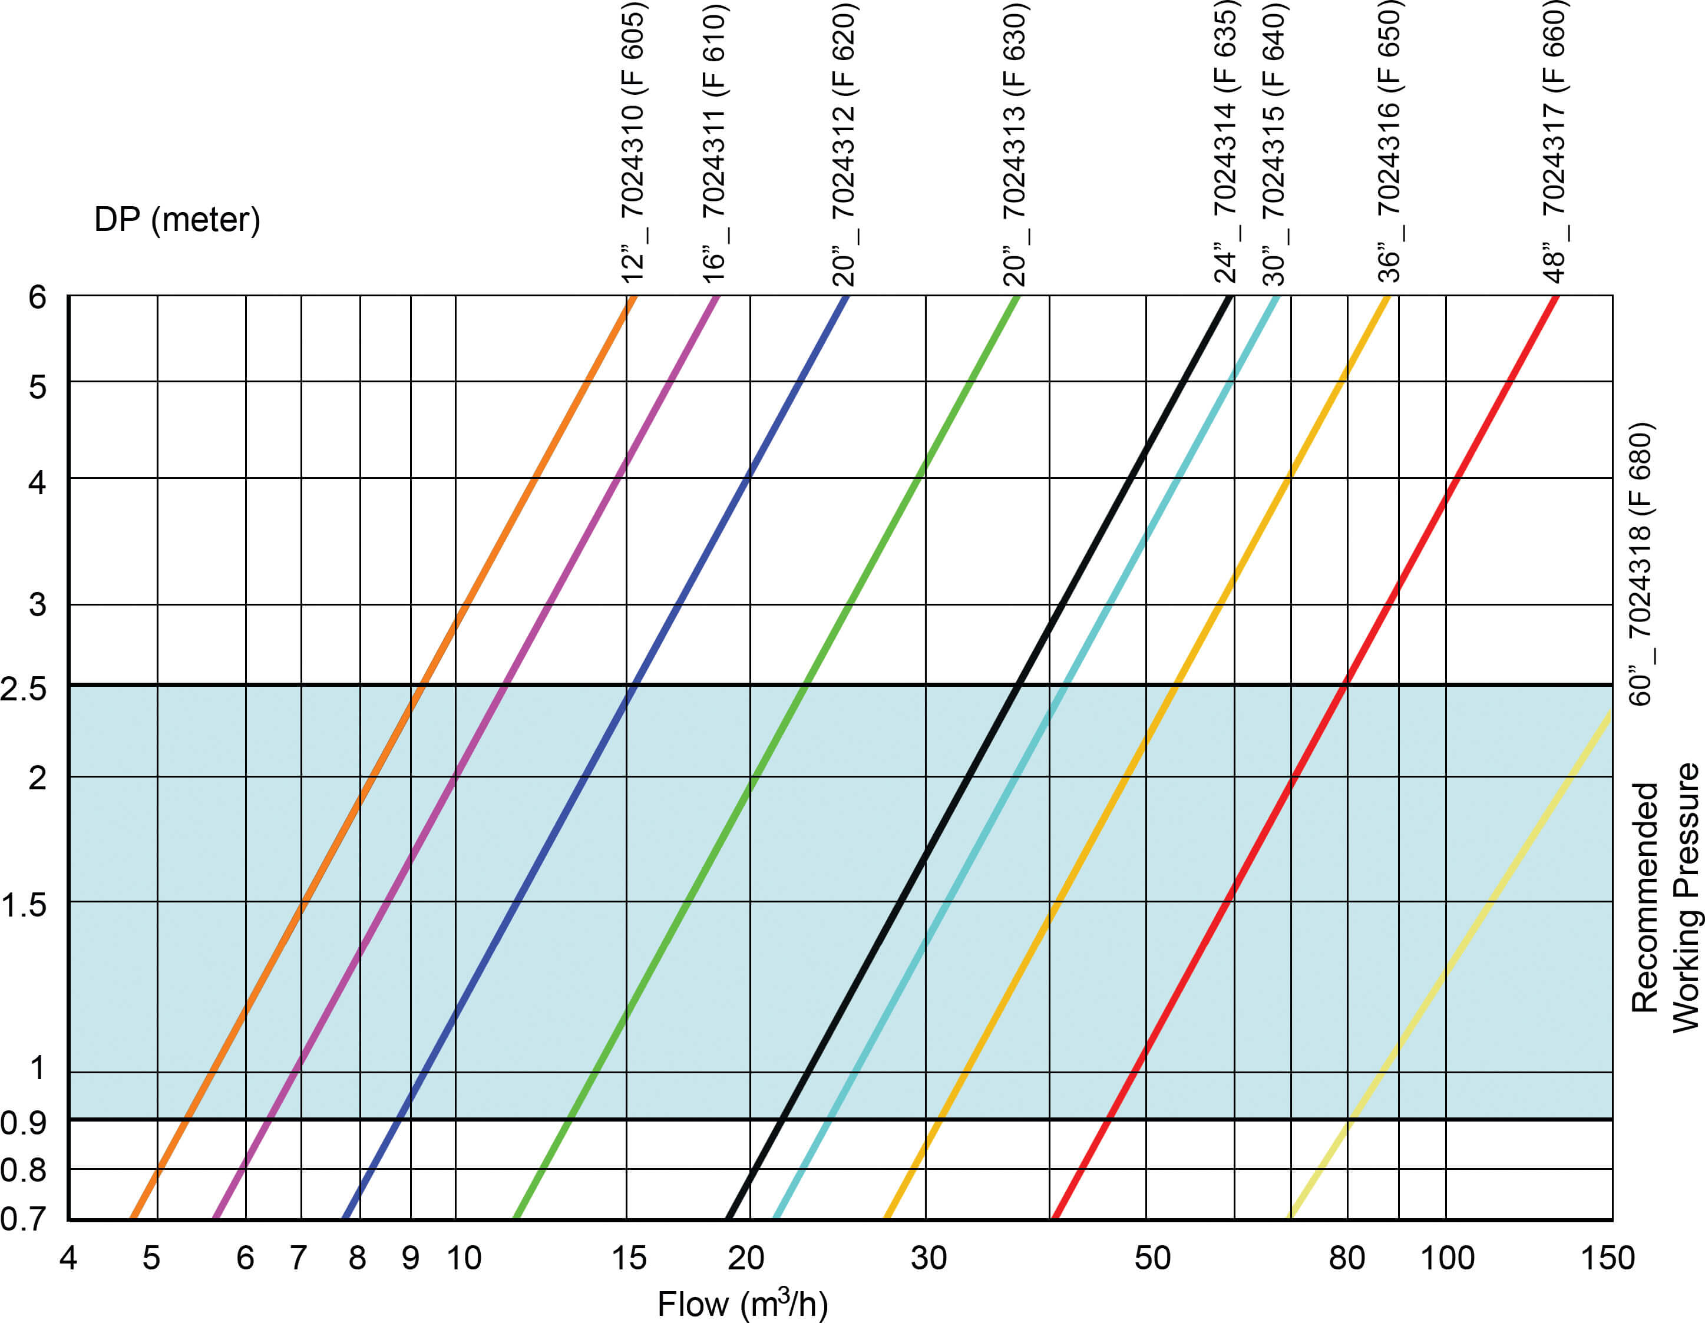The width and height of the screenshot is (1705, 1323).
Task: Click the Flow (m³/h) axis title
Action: point(742,1304)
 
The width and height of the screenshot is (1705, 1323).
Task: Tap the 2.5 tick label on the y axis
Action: point(24,689)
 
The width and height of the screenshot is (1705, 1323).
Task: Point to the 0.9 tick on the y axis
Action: point(24,1122)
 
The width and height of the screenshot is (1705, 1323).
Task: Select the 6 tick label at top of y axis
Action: point(37,297)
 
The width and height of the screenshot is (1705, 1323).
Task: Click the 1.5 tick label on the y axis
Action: point(24,905)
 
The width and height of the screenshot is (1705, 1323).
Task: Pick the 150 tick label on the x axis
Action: point(1607,1258)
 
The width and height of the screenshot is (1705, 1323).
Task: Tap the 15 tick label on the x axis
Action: point(629,1258)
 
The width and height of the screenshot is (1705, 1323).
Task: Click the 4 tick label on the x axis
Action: point(69,1258)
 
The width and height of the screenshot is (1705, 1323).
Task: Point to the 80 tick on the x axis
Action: point(1347,1258)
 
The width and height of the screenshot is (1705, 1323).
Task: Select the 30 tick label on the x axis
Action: point(929,1258)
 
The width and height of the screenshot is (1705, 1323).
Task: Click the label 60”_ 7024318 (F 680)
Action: point(1640,564)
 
